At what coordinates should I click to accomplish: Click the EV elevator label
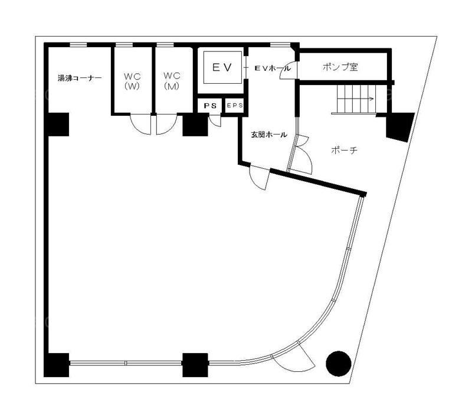point(222,67)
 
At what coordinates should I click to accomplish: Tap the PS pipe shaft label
point(210,106)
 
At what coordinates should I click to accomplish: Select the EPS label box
point(234,106)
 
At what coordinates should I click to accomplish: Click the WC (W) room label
point(132,81)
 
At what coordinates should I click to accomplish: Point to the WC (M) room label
point(172,81)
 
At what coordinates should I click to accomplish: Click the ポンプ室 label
point(340,67)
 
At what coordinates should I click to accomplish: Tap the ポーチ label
point(344,150)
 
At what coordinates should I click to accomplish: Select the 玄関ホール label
point(269,135)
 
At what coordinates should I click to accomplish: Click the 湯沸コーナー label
point(80,78)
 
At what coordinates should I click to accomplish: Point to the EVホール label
point(273,68)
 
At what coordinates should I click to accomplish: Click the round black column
point(338,364)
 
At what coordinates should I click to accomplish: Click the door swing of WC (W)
point(140,124)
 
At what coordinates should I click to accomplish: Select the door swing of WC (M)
point(166,124)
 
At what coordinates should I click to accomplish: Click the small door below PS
point(215,120)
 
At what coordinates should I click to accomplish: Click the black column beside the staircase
point(400,126)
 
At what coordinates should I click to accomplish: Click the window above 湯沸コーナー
point(78,45)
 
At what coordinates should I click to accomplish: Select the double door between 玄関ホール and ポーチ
point(300,154)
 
